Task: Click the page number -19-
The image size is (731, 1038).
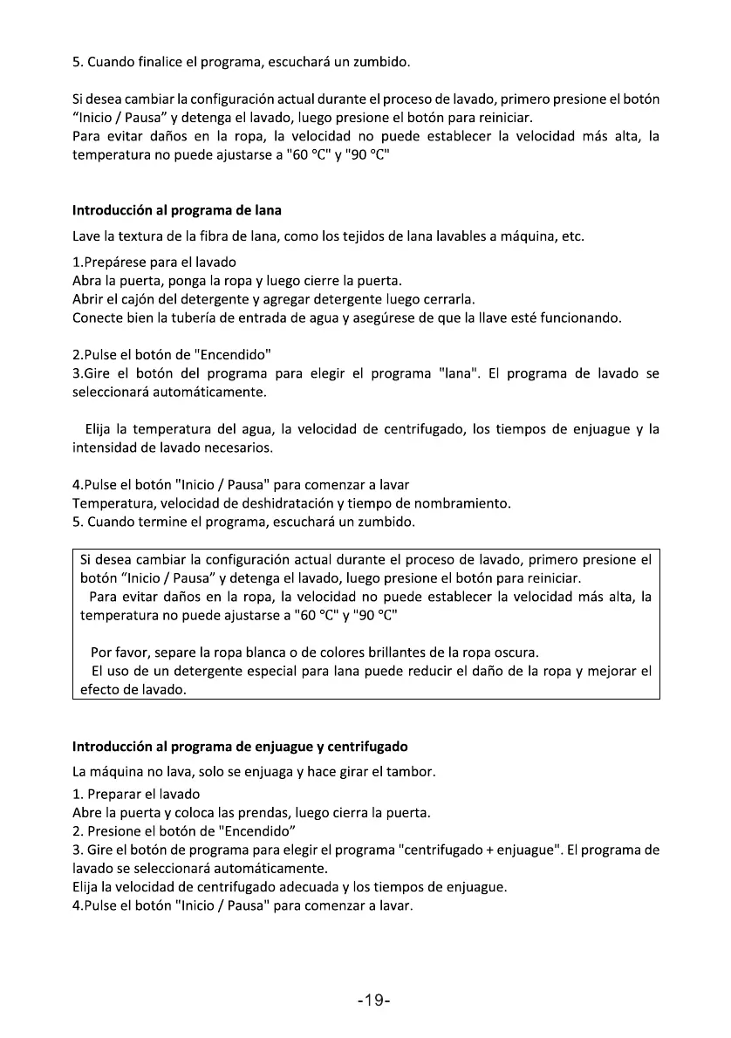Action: pyautogui.click(x=372, y=1000)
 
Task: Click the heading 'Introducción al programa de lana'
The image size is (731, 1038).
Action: pyautogui.click(x=176, y=210)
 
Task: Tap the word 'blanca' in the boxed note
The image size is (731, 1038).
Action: pyautogui.click(x=253, y=652)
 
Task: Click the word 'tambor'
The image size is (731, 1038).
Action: pyautogui.click(x=410, y=773)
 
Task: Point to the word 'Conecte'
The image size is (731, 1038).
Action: pyautogui.click(x=99, y=318)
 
